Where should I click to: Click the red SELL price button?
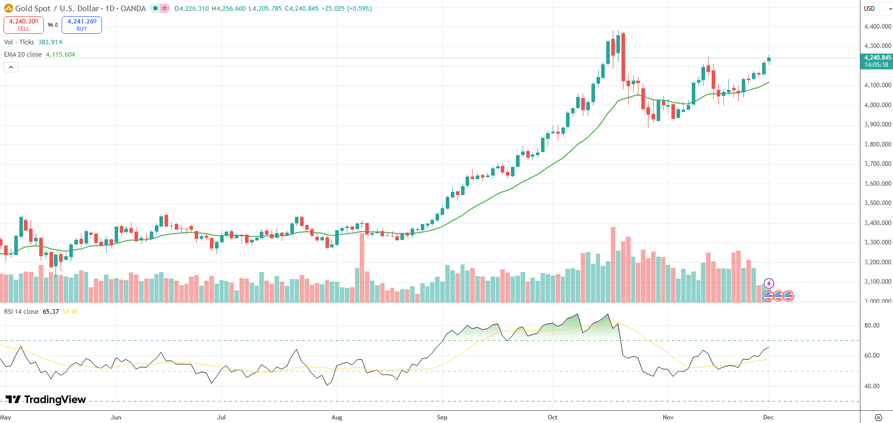[23, 24]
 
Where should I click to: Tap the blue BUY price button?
[82, 24]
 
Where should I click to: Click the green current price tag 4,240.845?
[876, 61]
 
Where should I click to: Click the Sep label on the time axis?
[442, 417]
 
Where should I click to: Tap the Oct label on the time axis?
[552, 417]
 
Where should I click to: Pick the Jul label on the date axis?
[221, 417]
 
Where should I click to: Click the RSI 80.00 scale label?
[872, 326]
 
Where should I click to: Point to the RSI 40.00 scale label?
[872, 386]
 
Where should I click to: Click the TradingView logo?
[46, 400]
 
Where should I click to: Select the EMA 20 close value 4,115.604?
[60, 55]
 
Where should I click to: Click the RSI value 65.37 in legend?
[51, 312]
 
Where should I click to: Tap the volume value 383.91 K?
[50, 42]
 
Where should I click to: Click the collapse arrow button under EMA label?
[11, 67]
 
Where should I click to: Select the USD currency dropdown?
[877, 9]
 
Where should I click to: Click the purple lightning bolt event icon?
[769, 283]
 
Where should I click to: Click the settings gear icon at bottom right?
[878, 417]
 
